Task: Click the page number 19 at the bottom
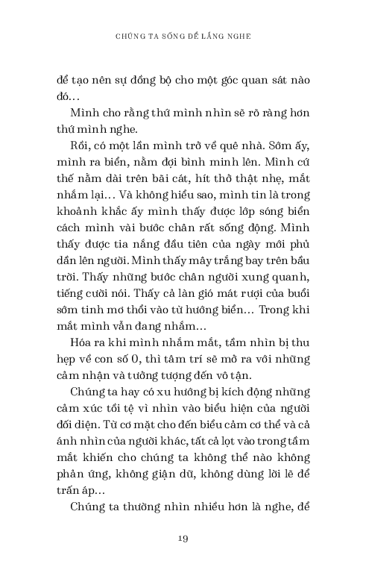click(x=183, y=538)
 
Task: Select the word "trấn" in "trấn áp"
click(x=71, y=489)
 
